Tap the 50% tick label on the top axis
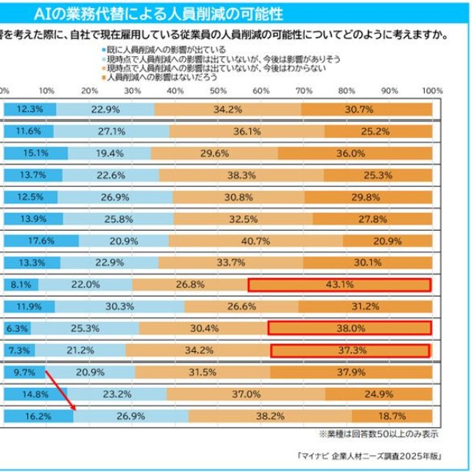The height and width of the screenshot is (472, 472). coord(218,90)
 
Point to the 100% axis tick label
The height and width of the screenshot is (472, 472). coord(432,90)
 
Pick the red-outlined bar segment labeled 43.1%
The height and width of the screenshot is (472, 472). coord(339,285)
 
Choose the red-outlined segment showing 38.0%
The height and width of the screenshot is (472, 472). coord(349,327)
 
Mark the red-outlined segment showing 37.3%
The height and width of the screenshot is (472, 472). coord(350,349)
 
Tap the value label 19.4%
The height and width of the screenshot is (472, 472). coord(110,153)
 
